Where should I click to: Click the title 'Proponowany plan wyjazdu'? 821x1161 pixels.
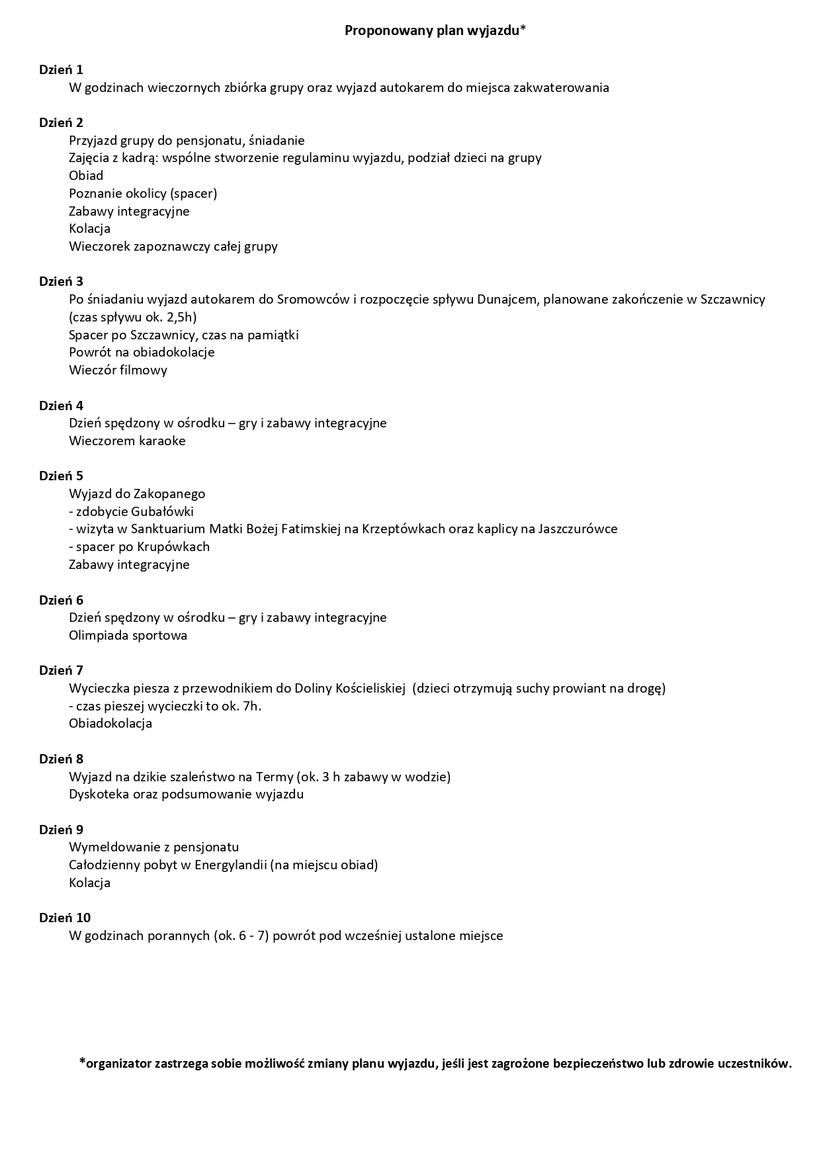435,30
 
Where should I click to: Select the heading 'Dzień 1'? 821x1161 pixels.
61,69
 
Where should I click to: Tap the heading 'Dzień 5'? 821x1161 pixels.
61,476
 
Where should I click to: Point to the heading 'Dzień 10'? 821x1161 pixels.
64,918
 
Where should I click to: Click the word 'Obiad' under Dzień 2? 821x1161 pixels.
86,175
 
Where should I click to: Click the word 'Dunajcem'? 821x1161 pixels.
505,299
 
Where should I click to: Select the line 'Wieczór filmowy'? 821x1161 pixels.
118,370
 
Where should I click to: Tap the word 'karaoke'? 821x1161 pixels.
162,441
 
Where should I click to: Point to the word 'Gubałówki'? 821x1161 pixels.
162,511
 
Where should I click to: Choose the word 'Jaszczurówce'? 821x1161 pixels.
578,529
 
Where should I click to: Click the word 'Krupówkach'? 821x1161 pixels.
173,546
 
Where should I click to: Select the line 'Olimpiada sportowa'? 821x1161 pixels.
128,635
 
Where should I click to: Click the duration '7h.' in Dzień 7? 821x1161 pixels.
252,706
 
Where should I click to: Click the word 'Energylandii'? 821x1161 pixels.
230,865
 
